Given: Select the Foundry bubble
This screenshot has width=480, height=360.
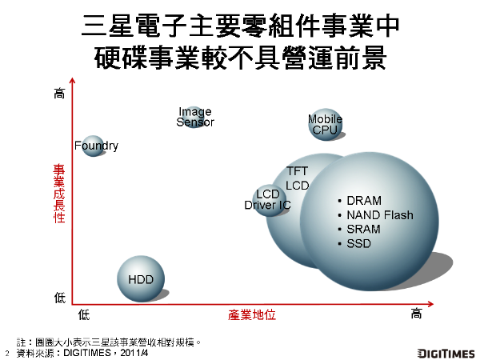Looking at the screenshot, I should (94, 146).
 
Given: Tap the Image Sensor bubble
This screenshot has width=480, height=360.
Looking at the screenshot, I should (194, 118).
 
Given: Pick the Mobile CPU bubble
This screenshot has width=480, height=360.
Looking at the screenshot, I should (326, 125).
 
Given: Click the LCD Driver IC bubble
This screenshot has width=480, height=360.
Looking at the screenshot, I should (268, 200).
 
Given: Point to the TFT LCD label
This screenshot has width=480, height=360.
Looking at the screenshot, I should (298, 178).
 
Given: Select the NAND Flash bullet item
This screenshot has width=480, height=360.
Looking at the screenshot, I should (378, 215).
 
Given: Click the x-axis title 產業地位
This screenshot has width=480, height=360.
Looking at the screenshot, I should (252, 315).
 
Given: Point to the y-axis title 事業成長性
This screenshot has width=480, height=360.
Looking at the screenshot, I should (59, 194).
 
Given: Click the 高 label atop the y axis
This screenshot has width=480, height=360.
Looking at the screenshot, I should (59, 94).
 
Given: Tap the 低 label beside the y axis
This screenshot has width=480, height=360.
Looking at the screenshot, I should (59, 297).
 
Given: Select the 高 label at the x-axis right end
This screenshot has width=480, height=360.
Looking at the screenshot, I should (416, 314).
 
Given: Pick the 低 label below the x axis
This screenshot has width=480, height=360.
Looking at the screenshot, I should (85, 314).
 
